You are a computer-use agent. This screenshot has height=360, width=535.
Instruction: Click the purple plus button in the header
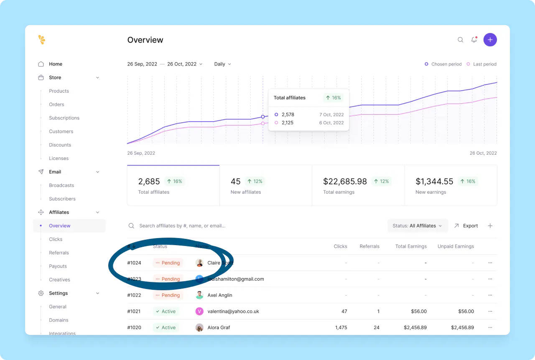[490, 40]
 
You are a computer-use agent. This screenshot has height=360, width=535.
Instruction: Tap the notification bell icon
[474, 40]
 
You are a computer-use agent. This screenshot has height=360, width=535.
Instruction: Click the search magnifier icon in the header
[460, 40]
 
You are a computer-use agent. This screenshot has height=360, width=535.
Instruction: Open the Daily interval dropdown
[222, 64]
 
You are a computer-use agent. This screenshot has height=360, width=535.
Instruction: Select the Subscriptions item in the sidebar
[64, 118]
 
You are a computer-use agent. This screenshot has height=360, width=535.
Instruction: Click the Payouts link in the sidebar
[58, 266]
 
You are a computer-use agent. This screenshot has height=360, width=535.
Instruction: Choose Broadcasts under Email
[61, 185]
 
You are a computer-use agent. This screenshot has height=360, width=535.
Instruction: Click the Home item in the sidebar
[56, 64]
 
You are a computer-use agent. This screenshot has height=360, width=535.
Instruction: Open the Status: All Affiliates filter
[417, 226]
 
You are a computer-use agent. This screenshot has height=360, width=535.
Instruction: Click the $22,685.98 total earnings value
[345, 181]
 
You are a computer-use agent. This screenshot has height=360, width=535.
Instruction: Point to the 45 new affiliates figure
[235, 181]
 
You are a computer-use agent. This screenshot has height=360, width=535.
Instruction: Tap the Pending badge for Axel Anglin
[168, 295]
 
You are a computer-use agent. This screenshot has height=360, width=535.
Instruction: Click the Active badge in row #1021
[166, 311]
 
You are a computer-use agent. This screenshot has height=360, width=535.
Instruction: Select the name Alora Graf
[219, 327]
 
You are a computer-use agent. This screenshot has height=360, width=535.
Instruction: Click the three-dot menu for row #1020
[490, 327]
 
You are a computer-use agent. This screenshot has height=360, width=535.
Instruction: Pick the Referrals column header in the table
[369, 246]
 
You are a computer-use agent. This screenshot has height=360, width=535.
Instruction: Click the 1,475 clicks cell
[341, 327]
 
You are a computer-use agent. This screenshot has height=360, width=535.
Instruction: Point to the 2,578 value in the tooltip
[288, 114]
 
